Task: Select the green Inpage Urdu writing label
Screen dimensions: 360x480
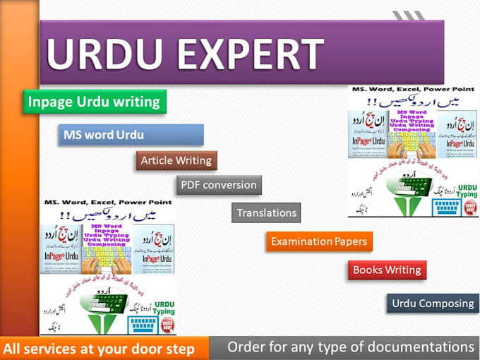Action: [x=94, y=102]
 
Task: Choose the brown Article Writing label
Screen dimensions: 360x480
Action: [x=176, y=160]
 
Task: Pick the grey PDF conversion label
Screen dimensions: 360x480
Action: [x=218, y=185]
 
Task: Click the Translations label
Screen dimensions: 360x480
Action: [x=266, y=212]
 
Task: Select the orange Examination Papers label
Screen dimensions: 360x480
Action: [x=319, y=241]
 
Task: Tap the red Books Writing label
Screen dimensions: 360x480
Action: [x=387, y=270]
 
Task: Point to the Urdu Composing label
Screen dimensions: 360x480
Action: [x=433, y=304]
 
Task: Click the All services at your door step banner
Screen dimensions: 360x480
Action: [x=99, y=349]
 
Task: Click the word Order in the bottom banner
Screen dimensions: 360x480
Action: [x=246, y=347]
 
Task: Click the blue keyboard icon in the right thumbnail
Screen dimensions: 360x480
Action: [x=447, y=205]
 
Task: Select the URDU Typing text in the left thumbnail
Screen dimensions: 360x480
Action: [x=162, y=308]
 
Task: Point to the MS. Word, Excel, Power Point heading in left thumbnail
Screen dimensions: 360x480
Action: [x=107, y=203]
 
